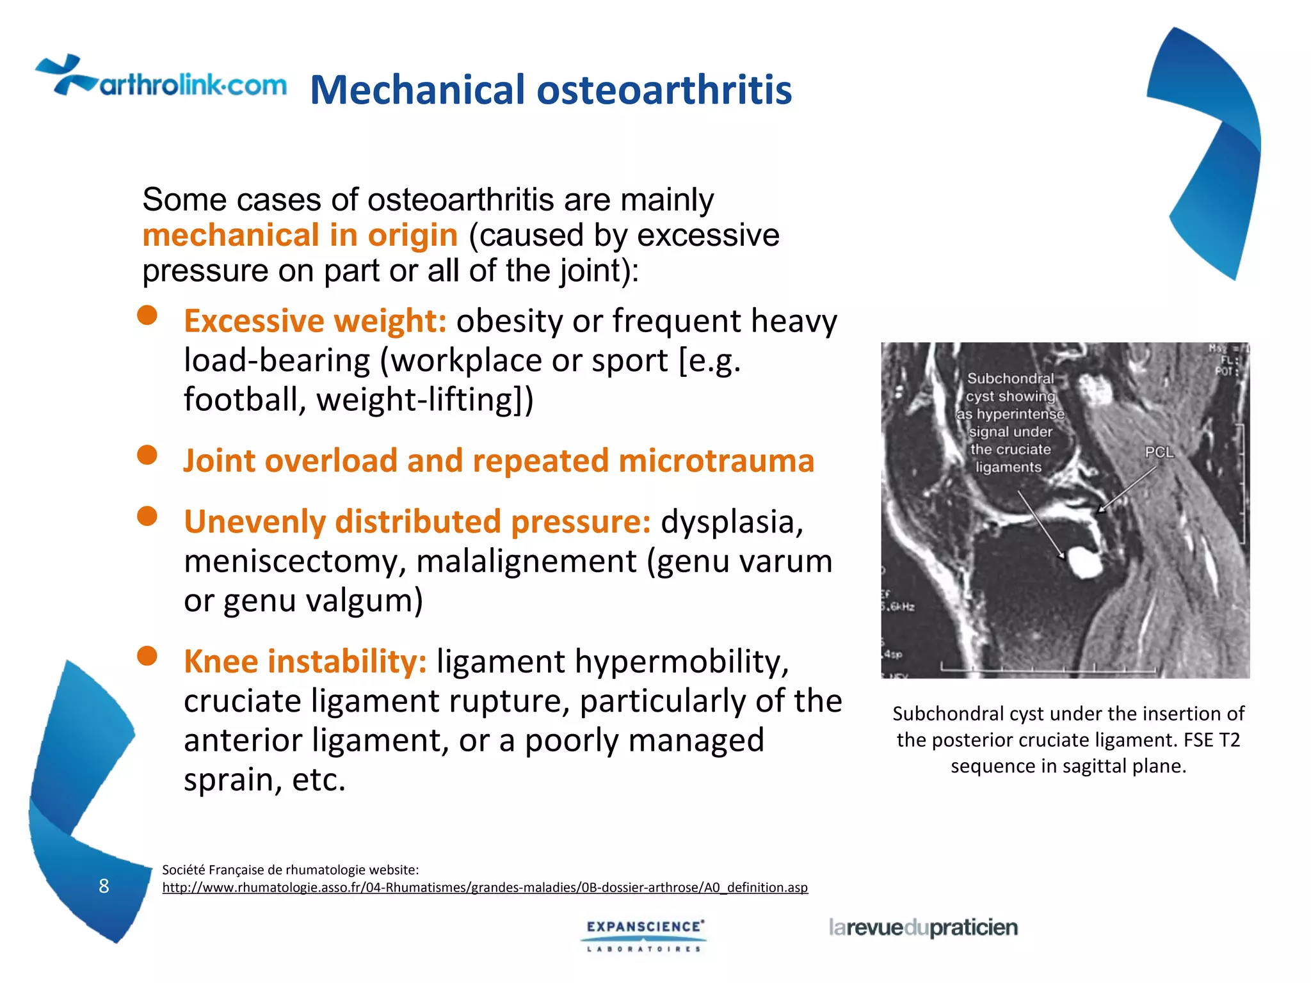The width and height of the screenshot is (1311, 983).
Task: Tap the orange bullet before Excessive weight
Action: pyautogui.click(x=147, y=315)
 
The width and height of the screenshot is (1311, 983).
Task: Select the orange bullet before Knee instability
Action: pyautogui.click(x=147, y=656)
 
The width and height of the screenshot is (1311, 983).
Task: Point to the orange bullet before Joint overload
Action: pyautogui.click(x=147, y=455)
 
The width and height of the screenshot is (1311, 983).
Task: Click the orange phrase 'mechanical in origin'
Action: pyautogui.click(x=300, y=236)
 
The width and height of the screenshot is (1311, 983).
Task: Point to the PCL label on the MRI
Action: pyautogui.click(x=1159, y=452)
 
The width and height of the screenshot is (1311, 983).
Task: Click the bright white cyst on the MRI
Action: pyautogui.click(x=1084, y=561)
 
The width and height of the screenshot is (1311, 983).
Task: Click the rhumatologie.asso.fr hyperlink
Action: pyautogui.click(x=485, y=888)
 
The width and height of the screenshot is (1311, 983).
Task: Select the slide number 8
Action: pyautogui.click(x=104, y=886)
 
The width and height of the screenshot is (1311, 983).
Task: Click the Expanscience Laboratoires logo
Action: pyautogui.click(x=645, y=936)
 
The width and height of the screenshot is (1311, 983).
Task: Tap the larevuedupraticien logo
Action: pyautogui.click(x=922, y=927)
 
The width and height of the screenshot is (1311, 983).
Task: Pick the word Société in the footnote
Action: pyautogui.click(x=183, y=870)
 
